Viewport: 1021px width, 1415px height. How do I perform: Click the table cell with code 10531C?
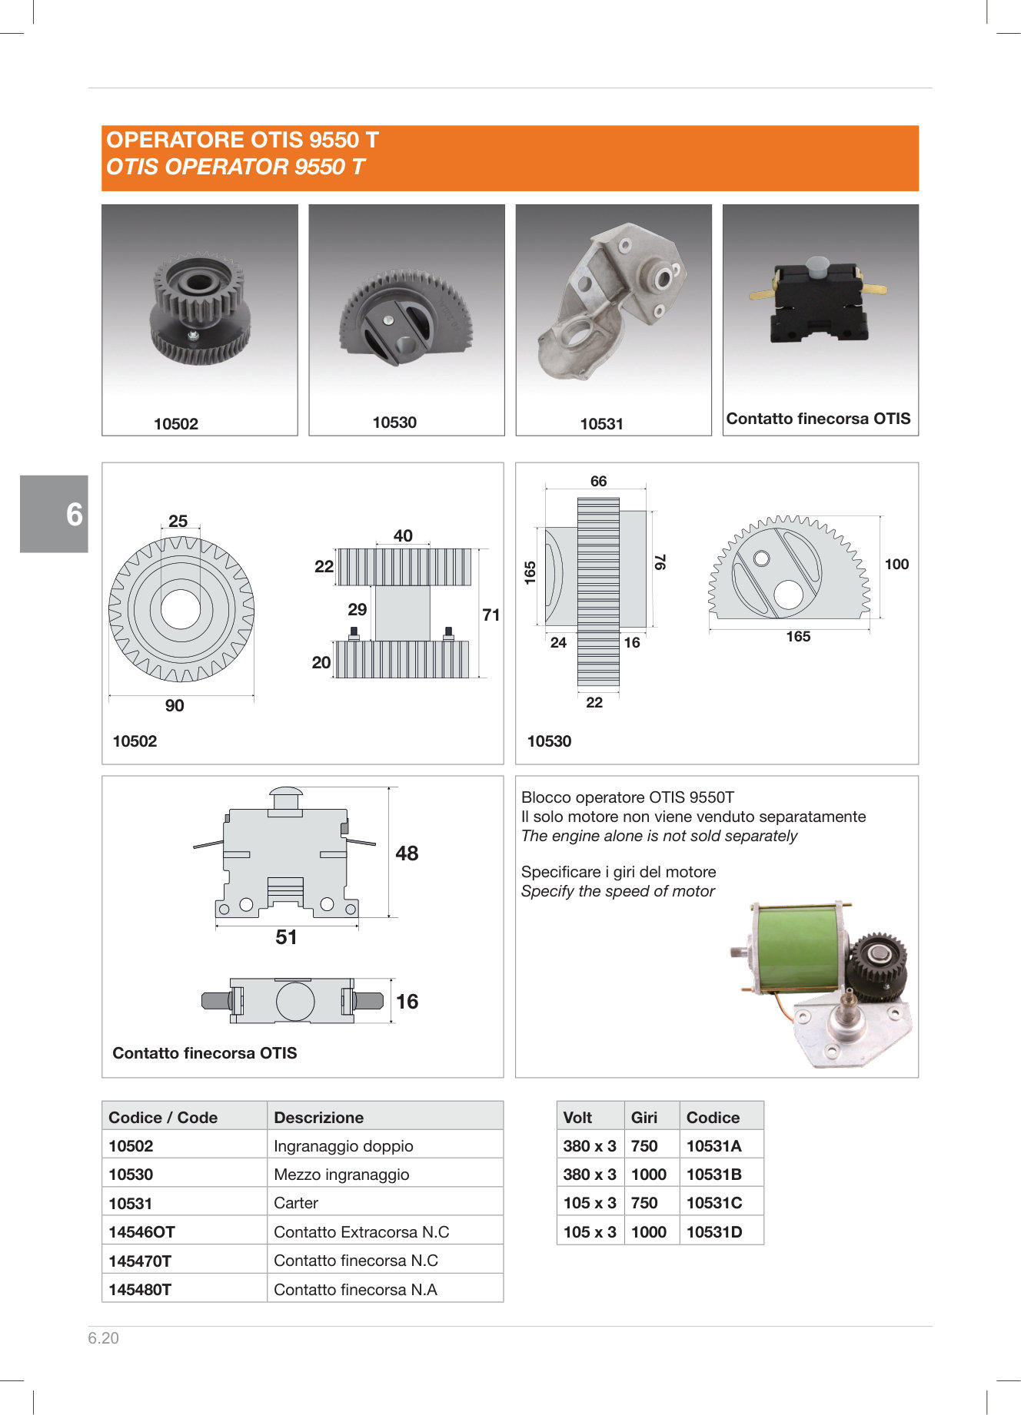714,1202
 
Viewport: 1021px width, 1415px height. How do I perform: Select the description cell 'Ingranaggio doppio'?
344,1145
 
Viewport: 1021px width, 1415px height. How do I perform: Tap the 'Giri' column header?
644,1117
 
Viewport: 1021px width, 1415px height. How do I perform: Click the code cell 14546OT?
142,1231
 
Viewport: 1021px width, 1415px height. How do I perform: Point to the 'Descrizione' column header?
319,1117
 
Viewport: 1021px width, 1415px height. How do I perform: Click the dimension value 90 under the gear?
175,705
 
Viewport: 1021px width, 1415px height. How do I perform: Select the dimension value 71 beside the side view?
491,615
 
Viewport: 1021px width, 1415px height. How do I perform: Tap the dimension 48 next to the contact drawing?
407,853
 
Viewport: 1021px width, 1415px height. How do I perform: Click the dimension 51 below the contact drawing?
286,936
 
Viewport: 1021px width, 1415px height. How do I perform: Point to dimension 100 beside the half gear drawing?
896,564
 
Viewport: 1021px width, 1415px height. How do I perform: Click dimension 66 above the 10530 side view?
598,481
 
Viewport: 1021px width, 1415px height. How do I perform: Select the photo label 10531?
601,423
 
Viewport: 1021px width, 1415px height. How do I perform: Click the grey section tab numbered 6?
54,513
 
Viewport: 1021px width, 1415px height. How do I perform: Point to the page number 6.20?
103,1337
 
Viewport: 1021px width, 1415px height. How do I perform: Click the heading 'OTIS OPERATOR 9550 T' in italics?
235,167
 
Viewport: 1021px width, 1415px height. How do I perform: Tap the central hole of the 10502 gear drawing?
181,609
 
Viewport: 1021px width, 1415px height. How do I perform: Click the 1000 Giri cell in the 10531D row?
648,1231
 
